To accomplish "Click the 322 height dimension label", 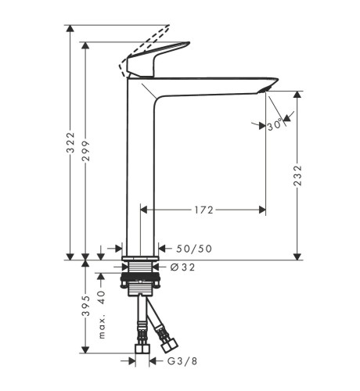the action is [70, 142].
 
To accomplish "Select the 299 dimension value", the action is [85, 151].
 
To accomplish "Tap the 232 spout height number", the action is [297, 175].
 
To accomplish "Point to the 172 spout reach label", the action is [203, 210].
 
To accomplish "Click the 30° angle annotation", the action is [275, 126].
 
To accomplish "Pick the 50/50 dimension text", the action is [194, 249].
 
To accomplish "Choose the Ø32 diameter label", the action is [182, 267].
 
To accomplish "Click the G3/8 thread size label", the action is [182, 361].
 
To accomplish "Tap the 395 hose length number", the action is [86, 306].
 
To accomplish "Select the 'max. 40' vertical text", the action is [102, 314].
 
